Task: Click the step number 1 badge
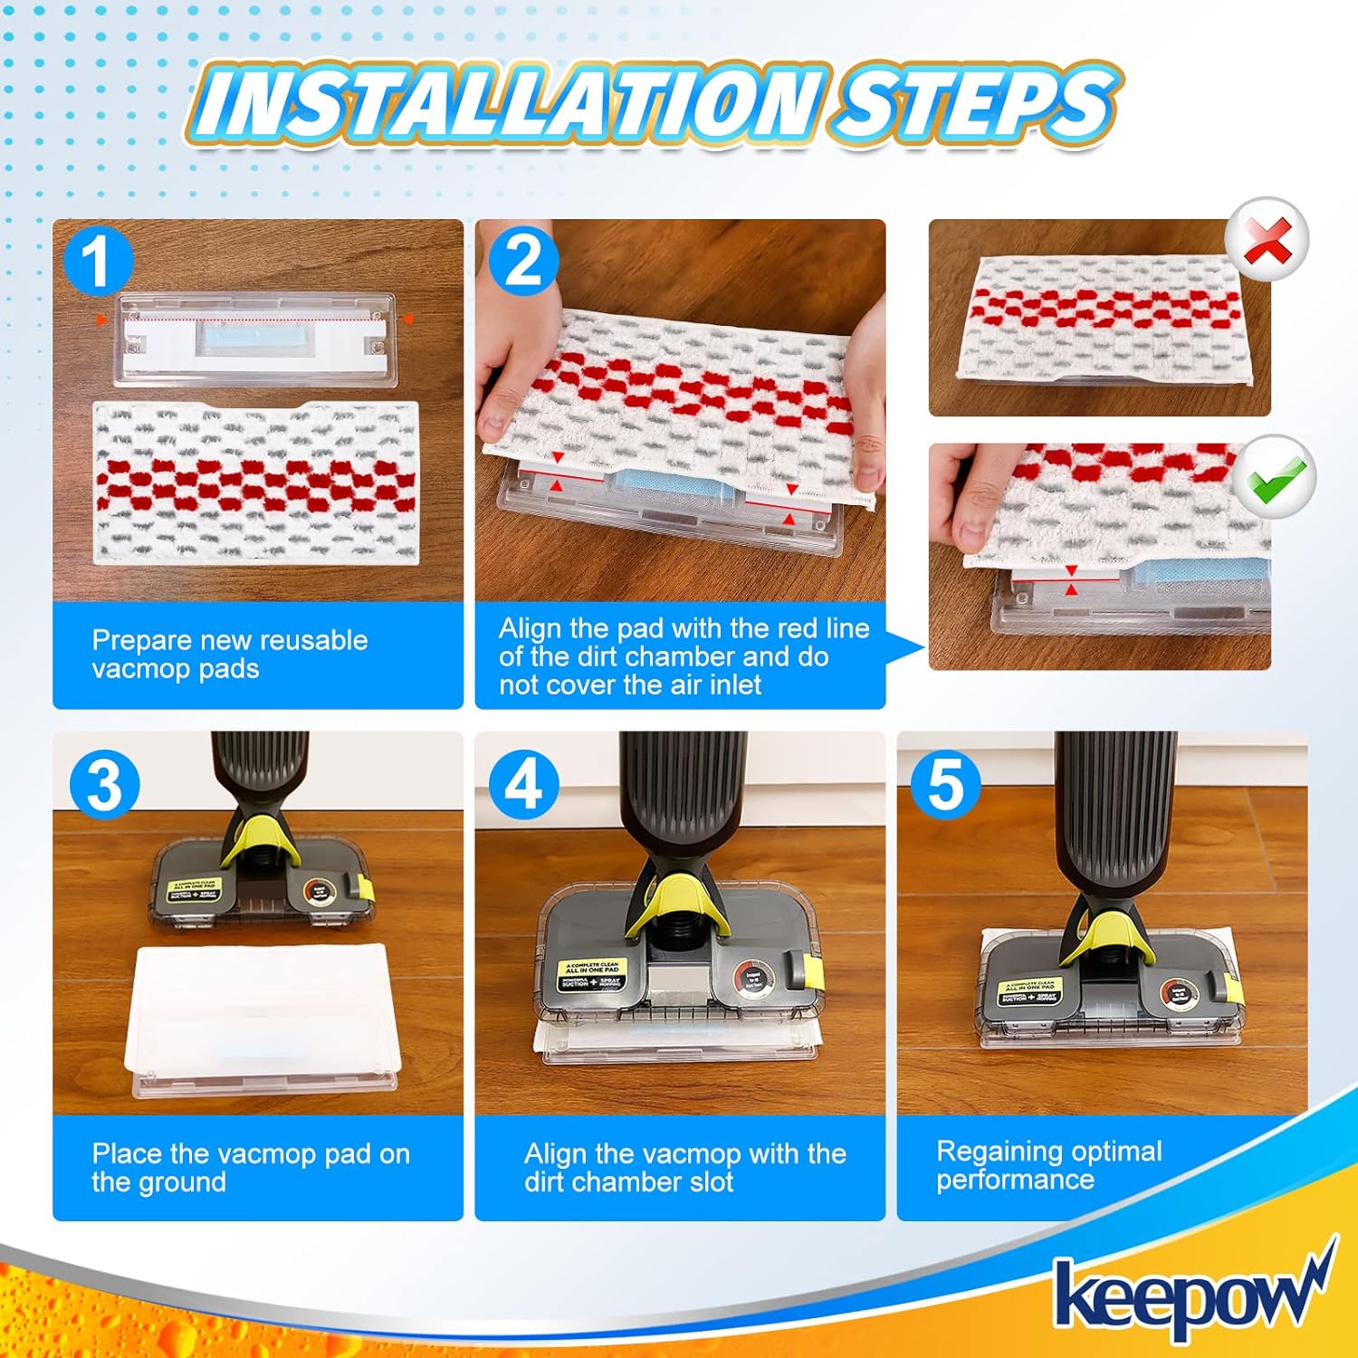coord(98,261)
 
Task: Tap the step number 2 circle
coord(523,261)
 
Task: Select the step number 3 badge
coord(105,785)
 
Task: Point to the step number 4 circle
coord(523,785)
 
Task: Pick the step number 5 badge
coord(945,785)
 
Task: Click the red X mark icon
coord(1267,241)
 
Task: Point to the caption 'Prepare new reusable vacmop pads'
coord(229,655)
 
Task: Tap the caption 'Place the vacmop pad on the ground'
coord(250,1168)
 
